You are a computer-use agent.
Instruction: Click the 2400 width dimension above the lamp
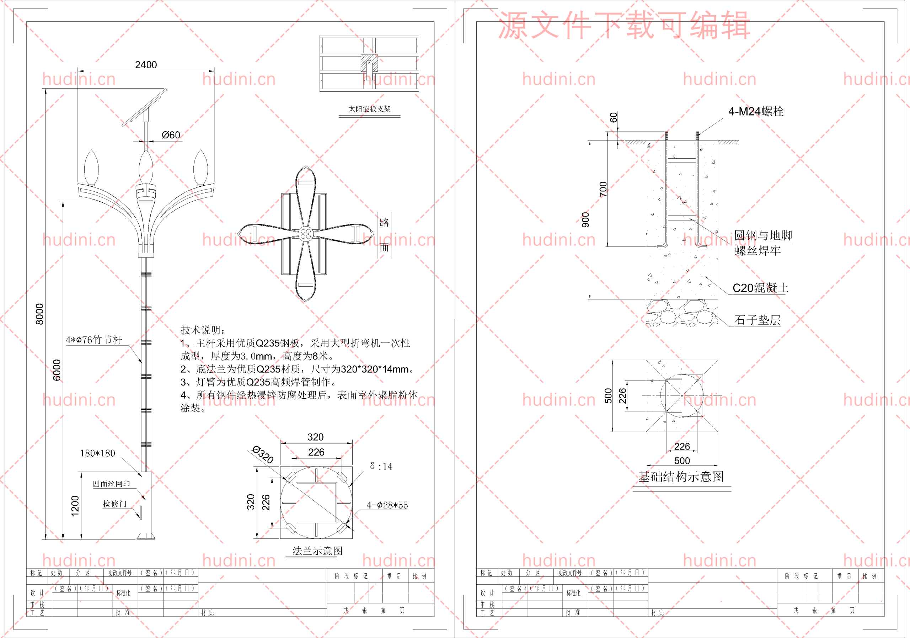pos(146,65)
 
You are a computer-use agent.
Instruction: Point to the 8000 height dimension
pos(39,314)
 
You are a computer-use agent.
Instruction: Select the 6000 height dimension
pos(57,370)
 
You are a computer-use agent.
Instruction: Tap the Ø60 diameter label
pos(171,135)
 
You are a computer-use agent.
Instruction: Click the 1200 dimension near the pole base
pos(75,506)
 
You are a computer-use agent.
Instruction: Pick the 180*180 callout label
pos(97,453)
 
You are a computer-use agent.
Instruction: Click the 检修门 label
pos(114,504)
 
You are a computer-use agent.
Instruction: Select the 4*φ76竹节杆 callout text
pos(94,340)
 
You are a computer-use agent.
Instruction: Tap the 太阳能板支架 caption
pos(369,109)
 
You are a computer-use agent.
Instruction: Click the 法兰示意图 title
pos(317,551)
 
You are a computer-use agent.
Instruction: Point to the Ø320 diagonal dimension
pos(263,454)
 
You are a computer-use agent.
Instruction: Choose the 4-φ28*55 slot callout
pos(387,505)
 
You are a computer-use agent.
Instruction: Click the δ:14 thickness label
pos(381,466)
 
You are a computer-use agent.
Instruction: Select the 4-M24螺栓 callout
pos(756,111)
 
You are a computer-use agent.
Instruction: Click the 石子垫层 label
pos(757,320)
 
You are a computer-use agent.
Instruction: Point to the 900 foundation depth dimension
pos(585,220)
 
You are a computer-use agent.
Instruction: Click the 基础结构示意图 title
pos(681,477)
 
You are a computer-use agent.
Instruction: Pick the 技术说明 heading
pos(203,330)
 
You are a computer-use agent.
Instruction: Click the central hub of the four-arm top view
pos(306,234)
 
